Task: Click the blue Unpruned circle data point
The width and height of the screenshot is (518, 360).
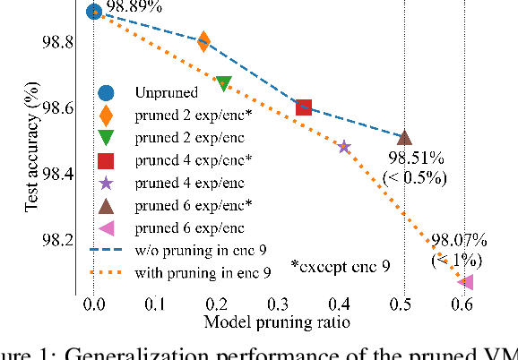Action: coord(94,12)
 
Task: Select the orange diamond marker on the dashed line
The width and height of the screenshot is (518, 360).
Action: coord(203,41)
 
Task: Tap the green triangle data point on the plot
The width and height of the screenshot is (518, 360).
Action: coord(224,83)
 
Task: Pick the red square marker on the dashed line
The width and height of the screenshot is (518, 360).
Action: coord(304,108)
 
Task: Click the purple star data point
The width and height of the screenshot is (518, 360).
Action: coord(344,146)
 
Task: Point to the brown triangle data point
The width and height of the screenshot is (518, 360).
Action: coord(404,137)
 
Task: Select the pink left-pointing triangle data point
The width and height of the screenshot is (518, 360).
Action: coord(466,282)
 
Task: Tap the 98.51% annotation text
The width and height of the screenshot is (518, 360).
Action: coord(414,158)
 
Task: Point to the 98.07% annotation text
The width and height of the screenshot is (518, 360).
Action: coord(459,240)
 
